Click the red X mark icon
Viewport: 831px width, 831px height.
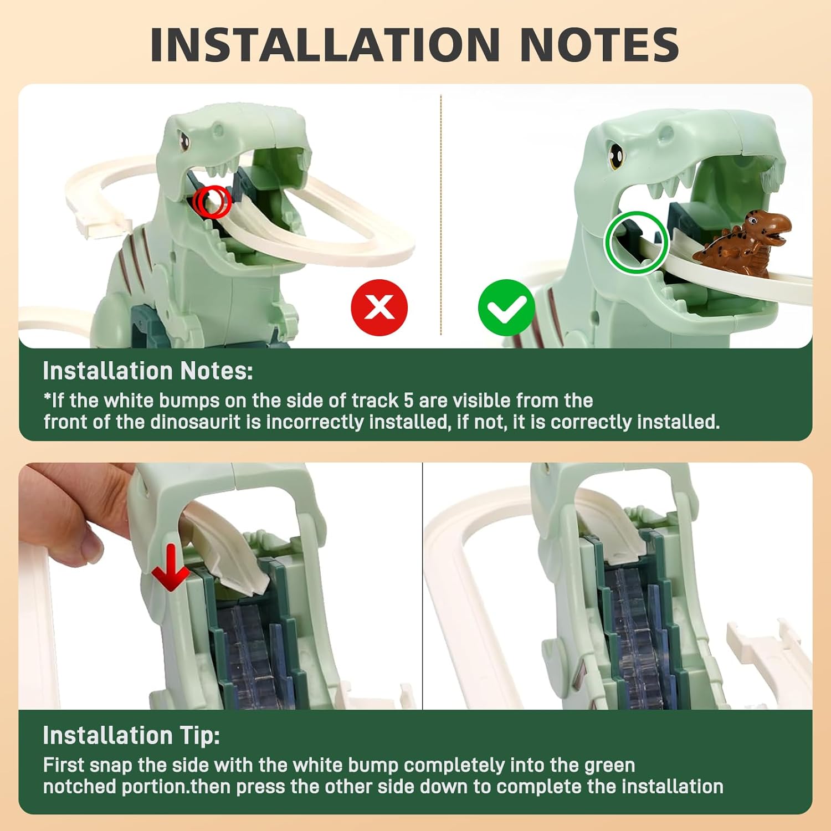coord(379,307)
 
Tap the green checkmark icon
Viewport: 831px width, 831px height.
coord(506,307)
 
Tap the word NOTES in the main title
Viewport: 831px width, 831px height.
coord(599,45)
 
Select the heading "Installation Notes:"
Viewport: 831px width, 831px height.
coord(148,371)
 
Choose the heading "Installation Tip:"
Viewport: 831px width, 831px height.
coord(131,736)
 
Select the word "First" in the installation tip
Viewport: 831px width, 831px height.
coord(63,766)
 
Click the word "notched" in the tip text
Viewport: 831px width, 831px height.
coord(79,787)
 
